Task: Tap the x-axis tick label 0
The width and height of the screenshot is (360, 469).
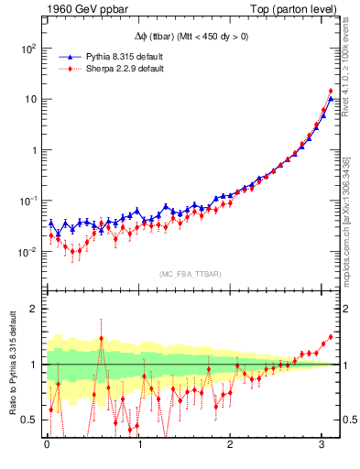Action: coord(47,445)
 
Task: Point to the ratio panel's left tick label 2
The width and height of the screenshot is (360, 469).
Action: coord(34,309)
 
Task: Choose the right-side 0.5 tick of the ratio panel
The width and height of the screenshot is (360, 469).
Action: coord(349,420)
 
